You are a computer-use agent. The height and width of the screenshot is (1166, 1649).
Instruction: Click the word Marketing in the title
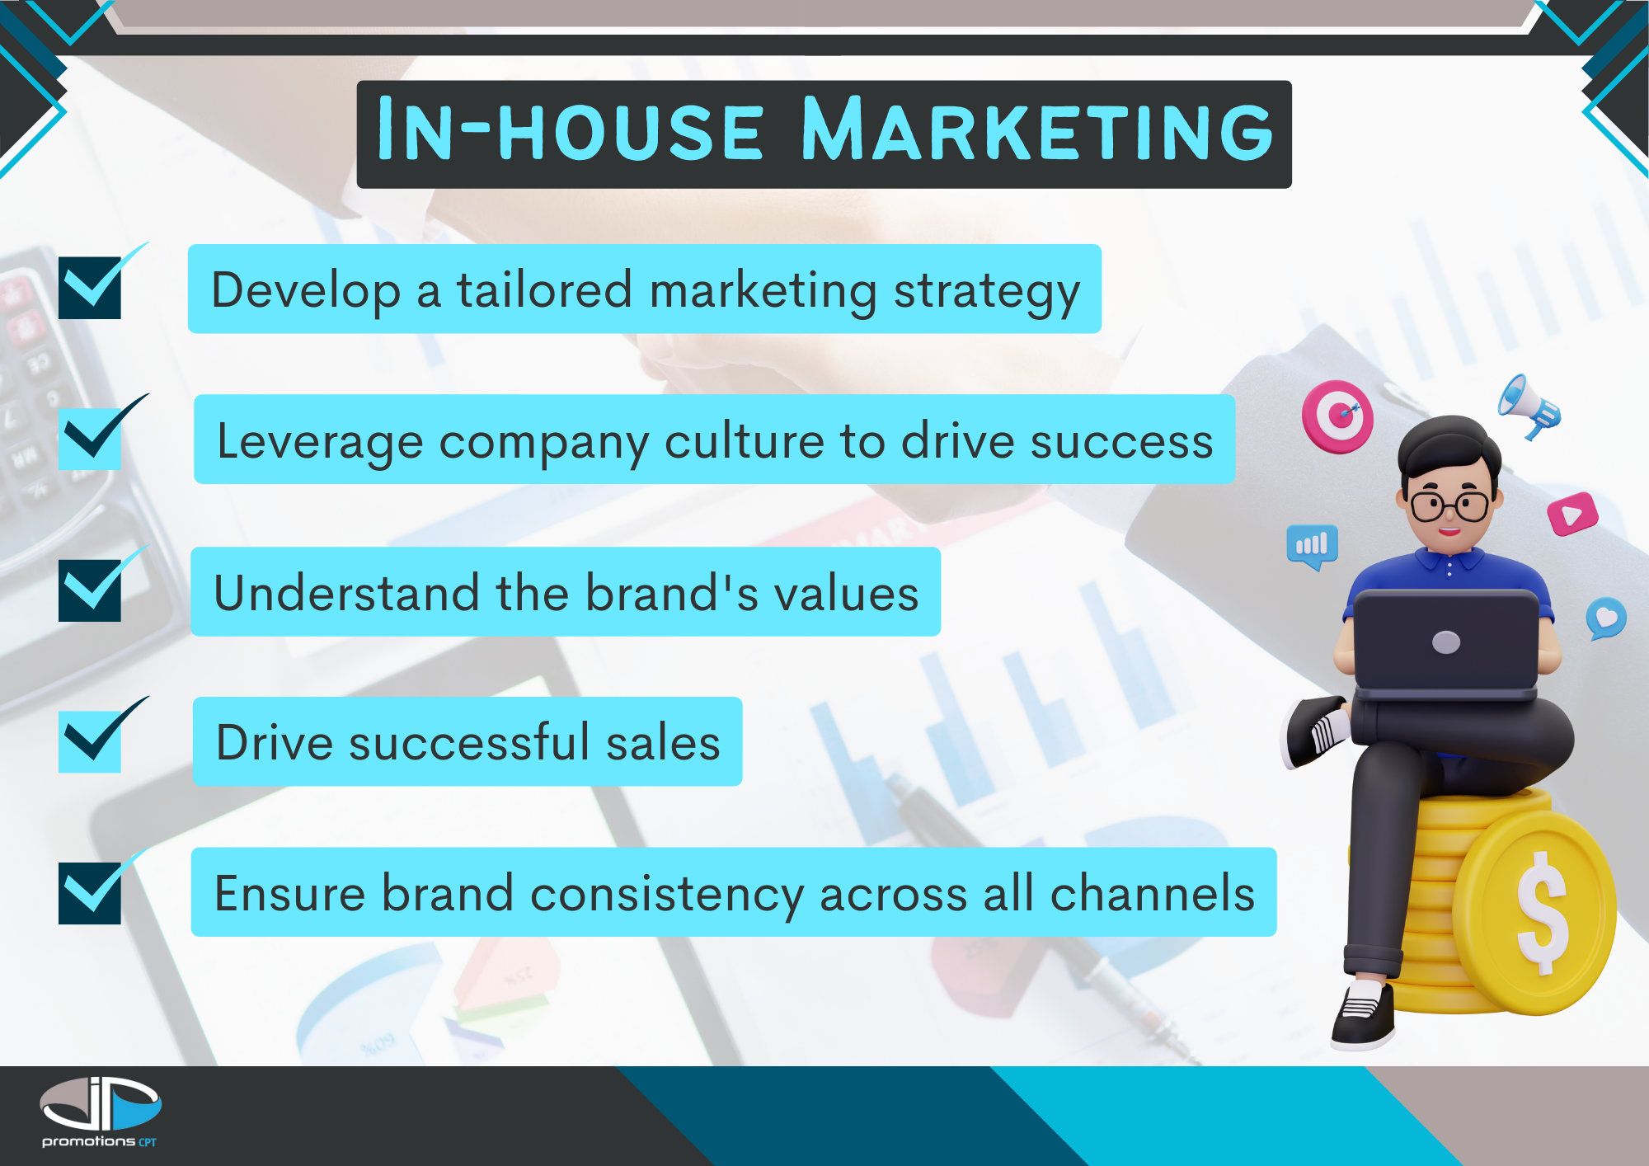[1037, 129]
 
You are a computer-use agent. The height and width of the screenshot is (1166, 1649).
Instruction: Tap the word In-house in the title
[570, 129]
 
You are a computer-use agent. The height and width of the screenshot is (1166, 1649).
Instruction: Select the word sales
[663, 742]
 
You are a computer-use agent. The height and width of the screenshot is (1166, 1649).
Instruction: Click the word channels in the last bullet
[1153, 893]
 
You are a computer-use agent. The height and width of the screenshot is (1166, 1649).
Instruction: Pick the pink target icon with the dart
[1337, 416]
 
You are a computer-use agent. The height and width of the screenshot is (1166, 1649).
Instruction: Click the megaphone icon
[1529, 407]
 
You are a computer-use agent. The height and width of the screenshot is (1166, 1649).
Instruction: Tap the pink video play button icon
[1572, 515]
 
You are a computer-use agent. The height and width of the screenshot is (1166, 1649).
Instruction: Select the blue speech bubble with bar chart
[1313, 547]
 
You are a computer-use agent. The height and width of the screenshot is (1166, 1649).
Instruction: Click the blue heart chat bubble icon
[1606, 618]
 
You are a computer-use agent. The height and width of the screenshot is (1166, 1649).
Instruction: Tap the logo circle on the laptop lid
[1447, 642]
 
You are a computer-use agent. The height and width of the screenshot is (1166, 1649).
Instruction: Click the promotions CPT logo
[100, 1112]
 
